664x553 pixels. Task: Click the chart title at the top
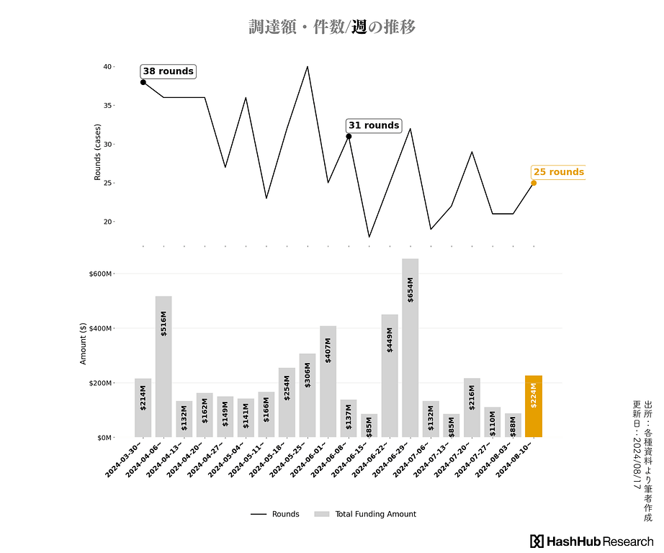click(x=332, y=27)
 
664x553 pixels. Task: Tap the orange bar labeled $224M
click(x=534, y=406)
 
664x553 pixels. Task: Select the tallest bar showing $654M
click(x=410, y=347)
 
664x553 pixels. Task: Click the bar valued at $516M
click(x=163, y=367)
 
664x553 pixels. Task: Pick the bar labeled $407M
click(x=328, y=382)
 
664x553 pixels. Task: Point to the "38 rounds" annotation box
click(x=168, y=71)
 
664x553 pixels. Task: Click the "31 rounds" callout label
click(x=373, y=125)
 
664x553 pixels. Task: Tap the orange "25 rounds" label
click(x=558, y=172)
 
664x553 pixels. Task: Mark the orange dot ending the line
click(x=534, y=183)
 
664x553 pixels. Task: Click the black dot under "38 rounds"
click(x=143, y=82)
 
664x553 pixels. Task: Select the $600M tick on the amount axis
click(x=99, y=274)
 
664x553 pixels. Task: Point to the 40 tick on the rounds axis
click(x=107, y=67)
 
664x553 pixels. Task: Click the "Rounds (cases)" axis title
click(x=97, y=151)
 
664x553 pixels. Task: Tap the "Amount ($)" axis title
click(x=83, y=343)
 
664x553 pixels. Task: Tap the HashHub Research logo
click(x=591, y=541)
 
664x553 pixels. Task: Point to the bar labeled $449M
click(x=390, y=375)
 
